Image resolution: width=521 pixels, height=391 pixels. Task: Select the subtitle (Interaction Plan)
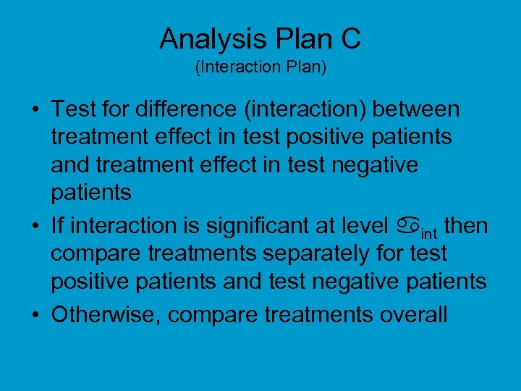[260, 67]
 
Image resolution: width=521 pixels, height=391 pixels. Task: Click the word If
[57, 227]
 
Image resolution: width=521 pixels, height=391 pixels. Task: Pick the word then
[466, 227]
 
